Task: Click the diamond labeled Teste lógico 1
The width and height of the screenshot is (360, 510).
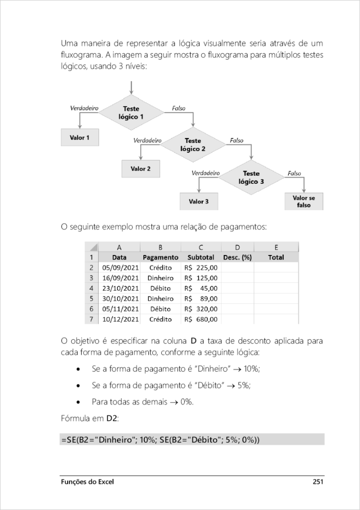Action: (x=131, y=113)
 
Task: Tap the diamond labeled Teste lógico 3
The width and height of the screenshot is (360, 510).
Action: (x=251, y=177)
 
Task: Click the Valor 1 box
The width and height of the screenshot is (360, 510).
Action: (x=80, y=137)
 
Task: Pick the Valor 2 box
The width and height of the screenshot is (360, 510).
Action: (x=141, y=169)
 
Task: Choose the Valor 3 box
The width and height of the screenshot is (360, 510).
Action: (x=199, y=202)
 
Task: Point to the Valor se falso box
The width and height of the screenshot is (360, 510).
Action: (x=304, y=201)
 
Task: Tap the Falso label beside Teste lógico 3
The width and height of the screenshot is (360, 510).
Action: (x=294, y=173)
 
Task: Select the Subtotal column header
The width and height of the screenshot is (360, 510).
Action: (x=201, y=257)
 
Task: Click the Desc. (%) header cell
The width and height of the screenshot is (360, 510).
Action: (x=237, y=257)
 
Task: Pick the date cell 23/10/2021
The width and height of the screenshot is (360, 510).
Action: (x=120, y=288)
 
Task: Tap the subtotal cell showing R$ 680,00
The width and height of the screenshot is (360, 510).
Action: (x=201, y=319)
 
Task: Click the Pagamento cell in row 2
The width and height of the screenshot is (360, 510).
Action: (x=160, y=267)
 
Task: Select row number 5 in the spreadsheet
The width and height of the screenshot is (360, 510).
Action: (x=92, y=298)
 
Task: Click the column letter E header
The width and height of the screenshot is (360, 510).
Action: (x=276, y=247)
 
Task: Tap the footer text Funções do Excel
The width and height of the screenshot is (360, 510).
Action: (x=87, y=482)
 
